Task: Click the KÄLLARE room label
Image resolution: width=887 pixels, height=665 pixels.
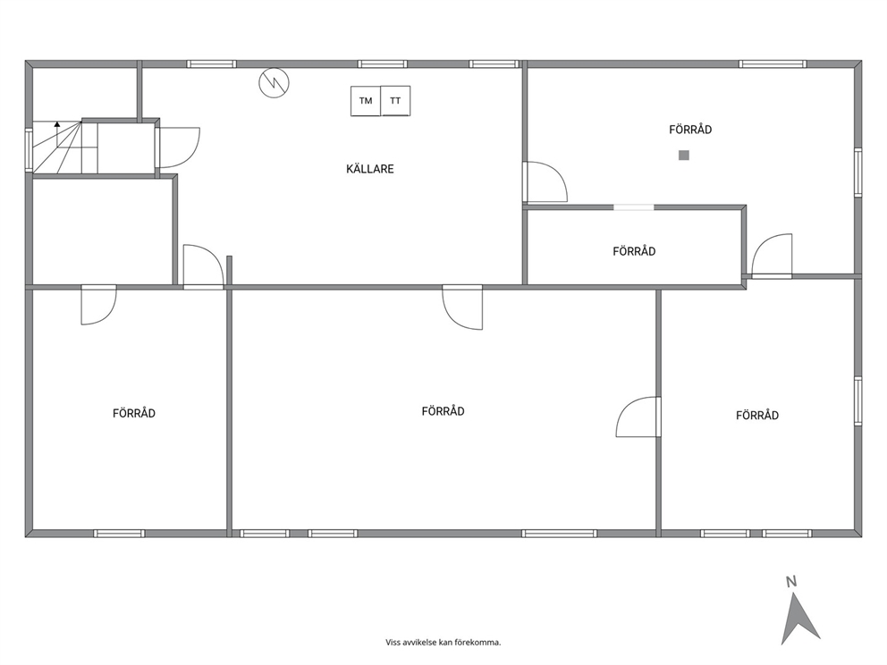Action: pyautogui.click(x=370, y=169)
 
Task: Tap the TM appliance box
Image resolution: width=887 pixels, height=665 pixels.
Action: pyautogui.click(x=366, y=101)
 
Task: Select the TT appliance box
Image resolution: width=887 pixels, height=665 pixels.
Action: pyautogui.click(x=395, y=101)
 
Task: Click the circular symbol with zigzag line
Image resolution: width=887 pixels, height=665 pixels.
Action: pyautogui.click(x=274, y=83)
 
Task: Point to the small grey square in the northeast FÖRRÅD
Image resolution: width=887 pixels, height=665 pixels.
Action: pyautogui.click(x=684, y=155)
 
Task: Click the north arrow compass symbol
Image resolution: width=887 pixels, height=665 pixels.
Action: pyautogui.click(x=798, y=619)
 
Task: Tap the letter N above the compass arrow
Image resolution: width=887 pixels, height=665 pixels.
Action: pyautogui.click(x=791, y=581)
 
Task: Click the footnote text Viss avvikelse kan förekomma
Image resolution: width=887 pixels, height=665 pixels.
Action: pyautogui.click(x=443, y=643)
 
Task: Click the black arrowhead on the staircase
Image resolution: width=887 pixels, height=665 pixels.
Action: pyautogui.click(x=57, y=123)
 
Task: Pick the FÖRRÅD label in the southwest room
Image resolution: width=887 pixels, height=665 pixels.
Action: pyautogui.click(x=134, y=413)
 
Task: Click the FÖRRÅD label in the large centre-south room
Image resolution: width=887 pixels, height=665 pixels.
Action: pyautogui.click(x=443, y=411)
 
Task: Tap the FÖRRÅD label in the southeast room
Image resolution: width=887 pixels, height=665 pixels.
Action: pyautogui.click(x=757, y=415)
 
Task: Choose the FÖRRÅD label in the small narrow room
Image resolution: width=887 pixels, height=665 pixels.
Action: pyautogui.click(x=634, y=251)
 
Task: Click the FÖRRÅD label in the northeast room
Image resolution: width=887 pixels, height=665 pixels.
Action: pyautogui.click(x=690, y=130)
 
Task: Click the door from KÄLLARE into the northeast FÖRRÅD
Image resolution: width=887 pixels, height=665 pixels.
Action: pyautogui.click(x=545, y=181)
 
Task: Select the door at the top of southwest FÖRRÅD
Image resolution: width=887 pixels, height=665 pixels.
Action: pyautogui.click(x=98, y=305)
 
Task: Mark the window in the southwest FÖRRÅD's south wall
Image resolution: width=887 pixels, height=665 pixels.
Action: pyautogui.click(x=119, y=534)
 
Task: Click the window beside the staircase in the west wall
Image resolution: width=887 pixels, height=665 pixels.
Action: pyautogui.click(x=29, y=149)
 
